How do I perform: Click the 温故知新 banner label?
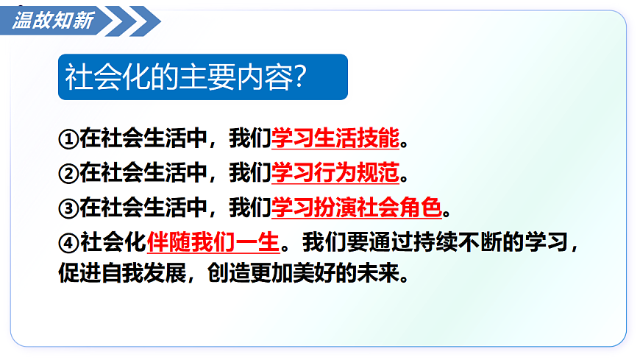click(x=53, y=21)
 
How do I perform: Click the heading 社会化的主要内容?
click(x=177, y=77)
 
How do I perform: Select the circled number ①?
click(x=68, y=138)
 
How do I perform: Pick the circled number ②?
click(x=68, y=174)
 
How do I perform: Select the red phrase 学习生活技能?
click(x=335, y=137)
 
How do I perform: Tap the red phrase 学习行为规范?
click(x=335, y=173)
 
